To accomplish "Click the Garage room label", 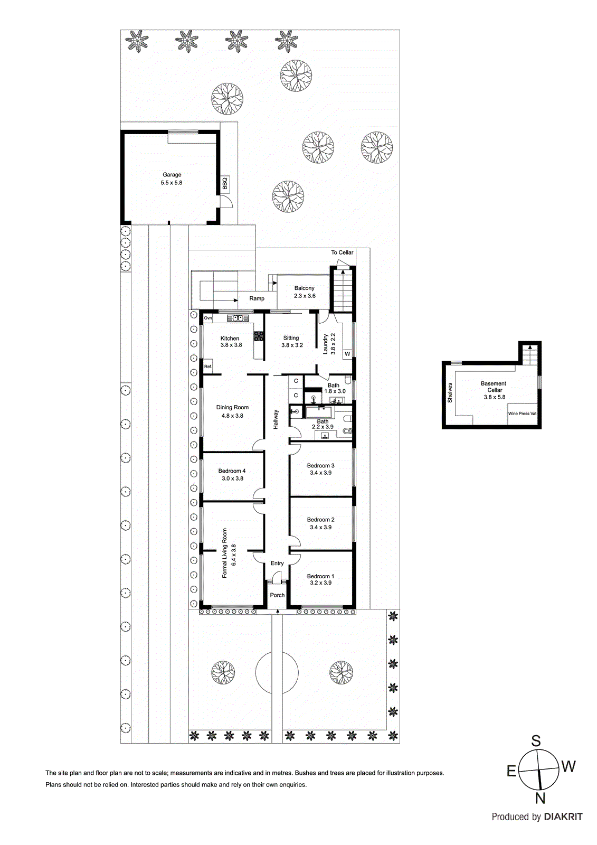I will click(x=172, y=175).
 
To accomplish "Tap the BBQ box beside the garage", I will click(x=225, y=183).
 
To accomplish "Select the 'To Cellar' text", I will click(x=342, y=252).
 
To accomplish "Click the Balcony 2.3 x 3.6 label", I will click(x=305, y=292).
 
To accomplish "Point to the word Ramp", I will click(x=257, y=298).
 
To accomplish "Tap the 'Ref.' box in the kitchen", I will click(x=208, y=367).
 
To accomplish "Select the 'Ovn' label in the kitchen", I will click(x=208, y=318).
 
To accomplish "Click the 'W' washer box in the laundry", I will click(x=347, y=354).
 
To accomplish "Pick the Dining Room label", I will click(x=232, y=408).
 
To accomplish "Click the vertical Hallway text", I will click(x=276, y=420).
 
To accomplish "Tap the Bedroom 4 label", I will click(x=232, y=471).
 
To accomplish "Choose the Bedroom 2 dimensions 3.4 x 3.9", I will click(x=320, y=527).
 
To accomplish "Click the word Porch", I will click(x=277, y=595).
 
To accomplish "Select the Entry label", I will click(x=277, y=564).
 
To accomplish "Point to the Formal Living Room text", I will click(x=225, y=553).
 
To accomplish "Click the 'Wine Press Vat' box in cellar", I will click(x=522, y=414).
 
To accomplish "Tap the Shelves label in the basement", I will click(x=450, y=393).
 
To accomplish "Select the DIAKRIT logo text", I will click(x=563, y=817).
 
